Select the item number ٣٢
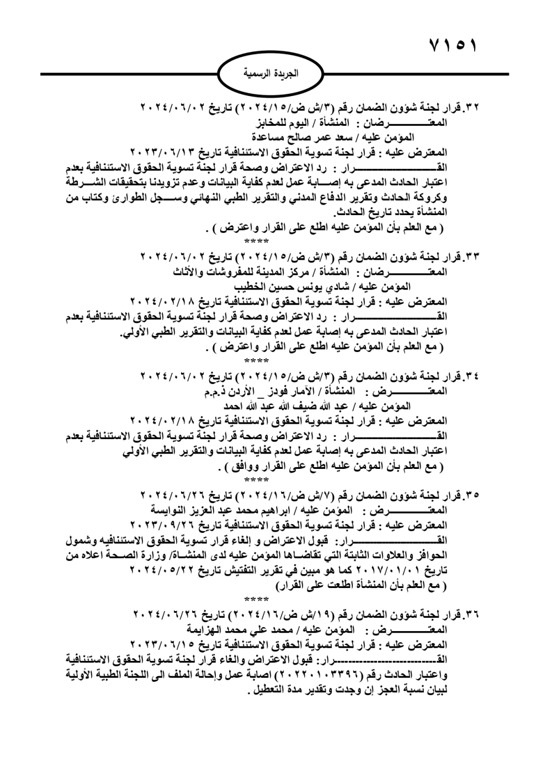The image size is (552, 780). tap(471, 106)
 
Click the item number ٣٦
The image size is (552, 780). tap(471, 613)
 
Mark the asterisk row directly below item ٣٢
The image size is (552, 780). tap(256, 242)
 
